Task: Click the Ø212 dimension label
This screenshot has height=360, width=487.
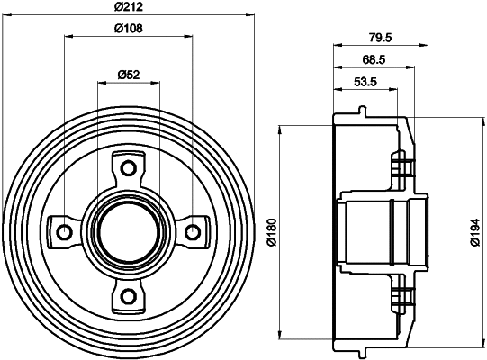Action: [129, 9]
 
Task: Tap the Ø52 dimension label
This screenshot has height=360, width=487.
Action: [129, 75]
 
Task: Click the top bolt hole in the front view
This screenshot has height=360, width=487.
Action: [128, 168]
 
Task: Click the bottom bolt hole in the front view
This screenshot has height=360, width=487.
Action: [128, 296]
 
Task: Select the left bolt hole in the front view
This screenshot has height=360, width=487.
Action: [64, 232]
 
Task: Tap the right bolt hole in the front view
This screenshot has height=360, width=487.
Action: [192, 232]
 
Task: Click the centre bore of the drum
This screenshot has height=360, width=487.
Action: [128, 232]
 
